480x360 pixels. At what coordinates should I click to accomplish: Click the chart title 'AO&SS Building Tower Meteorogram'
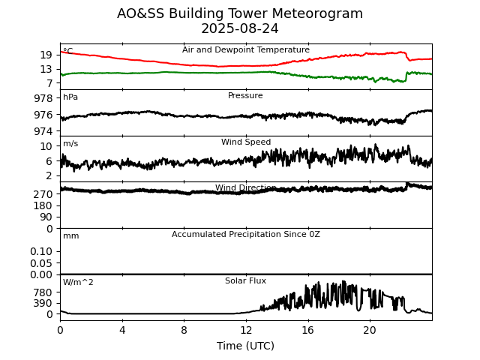click(x=240, y=13)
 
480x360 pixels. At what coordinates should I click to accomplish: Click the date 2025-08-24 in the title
click(x=240, y=28)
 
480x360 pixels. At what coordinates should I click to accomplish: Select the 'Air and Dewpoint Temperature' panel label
click(x=245, y=50)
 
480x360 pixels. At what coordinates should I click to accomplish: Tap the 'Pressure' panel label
click(x=245, y=96)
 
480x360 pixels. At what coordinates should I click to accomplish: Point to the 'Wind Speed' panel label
click(x=245, y=142)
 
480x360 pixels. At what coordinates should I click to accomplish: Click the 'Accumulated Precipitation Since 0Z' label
click(x=245, y=235)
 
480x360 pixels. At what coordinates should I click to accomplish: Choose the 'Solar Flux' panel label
click(x=245, y=281)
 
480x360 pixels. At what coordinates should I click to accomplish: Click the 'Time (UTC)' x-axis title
click(x=245, y=346)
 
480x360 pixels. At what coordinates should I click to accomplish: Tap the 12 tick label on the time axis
click(x=246, y=330)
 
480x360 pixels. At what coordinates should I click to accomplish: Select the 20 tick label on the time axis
click(x=370, y=330)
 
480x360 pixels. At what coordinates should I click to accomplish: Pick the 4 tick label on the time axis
click(x=122, y=330)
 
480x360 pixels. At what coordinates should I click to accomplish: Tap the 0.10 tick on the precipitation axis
click(x=42, y=251)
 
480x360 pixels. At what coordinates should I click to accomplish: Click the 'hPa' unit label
click(x=70, y=97)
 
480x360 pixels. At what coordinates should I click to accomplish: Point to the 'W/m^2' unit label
click(x=78, y=283)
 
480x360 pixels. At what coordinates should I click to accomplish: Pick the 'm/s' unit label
click(x=70, y=144)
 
